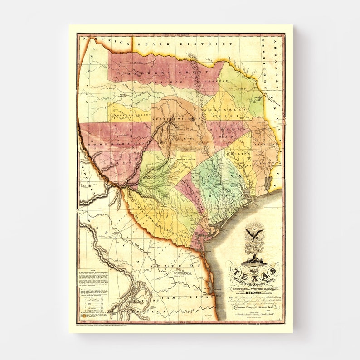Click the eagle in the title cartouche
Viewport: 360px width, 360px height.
coord(254,234)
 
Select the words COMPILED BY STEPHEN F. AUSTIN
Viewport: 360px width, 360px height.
coord(254,283)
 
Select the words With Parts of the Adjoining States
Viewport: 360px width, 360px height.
coord(254,277)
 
